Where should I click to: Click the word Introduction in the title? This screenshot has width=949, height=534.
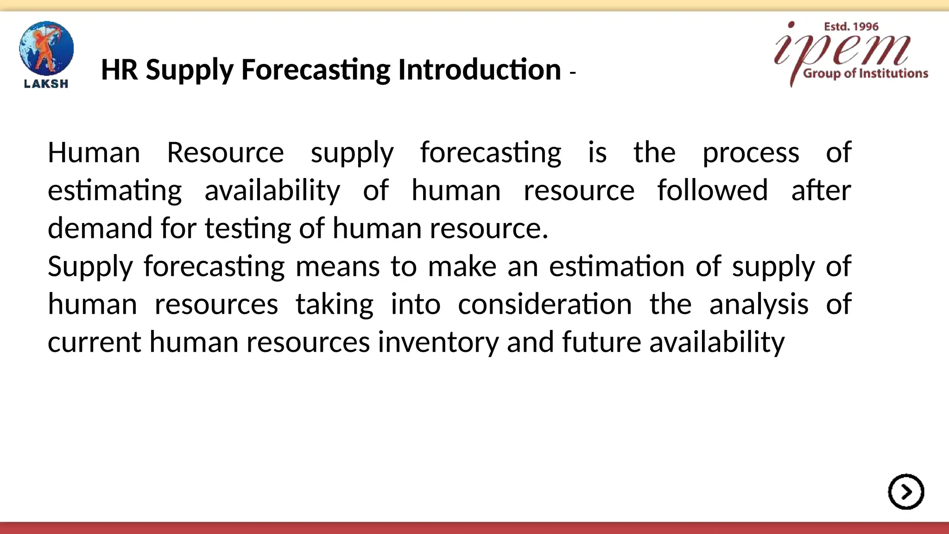(479, 70)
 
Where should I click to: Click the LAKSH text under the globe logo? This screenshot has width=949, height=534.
(46, 84)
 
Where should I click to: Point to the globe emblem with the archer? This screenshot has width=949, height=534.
(46, 48)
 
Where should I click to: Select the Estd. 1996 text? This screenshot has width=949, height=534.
(851, 27)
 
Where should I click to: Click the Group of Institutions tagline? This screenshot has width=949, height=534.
(865, 73)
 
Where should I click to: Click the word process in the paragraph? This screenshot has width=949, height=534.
(751, 153)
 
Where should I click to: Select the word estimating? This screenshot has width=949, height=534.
(115, 191)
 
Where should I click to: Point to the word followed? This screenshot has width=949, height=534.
(712, 190)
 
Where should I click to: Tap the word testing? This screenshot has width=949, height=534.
(247, 229)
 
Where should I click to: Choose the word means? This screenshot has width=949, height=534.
(337, 267)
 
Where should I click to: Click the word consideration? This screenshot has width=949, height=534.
(544, 305)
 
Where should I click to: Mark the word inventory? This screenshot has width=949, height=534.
(438, 343)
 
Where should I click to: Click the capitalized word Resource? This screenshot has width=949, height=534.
(225, 153)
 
